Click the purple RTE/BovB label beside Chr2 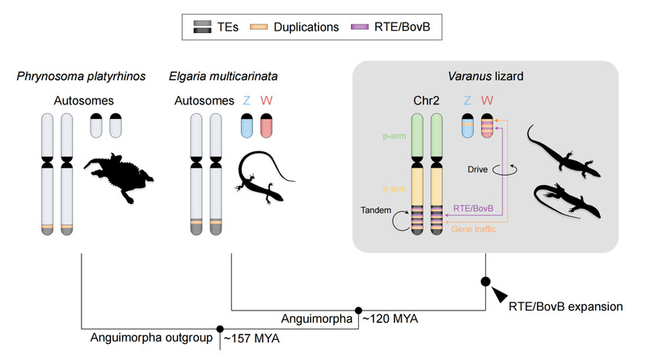[x=472, y=209]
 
